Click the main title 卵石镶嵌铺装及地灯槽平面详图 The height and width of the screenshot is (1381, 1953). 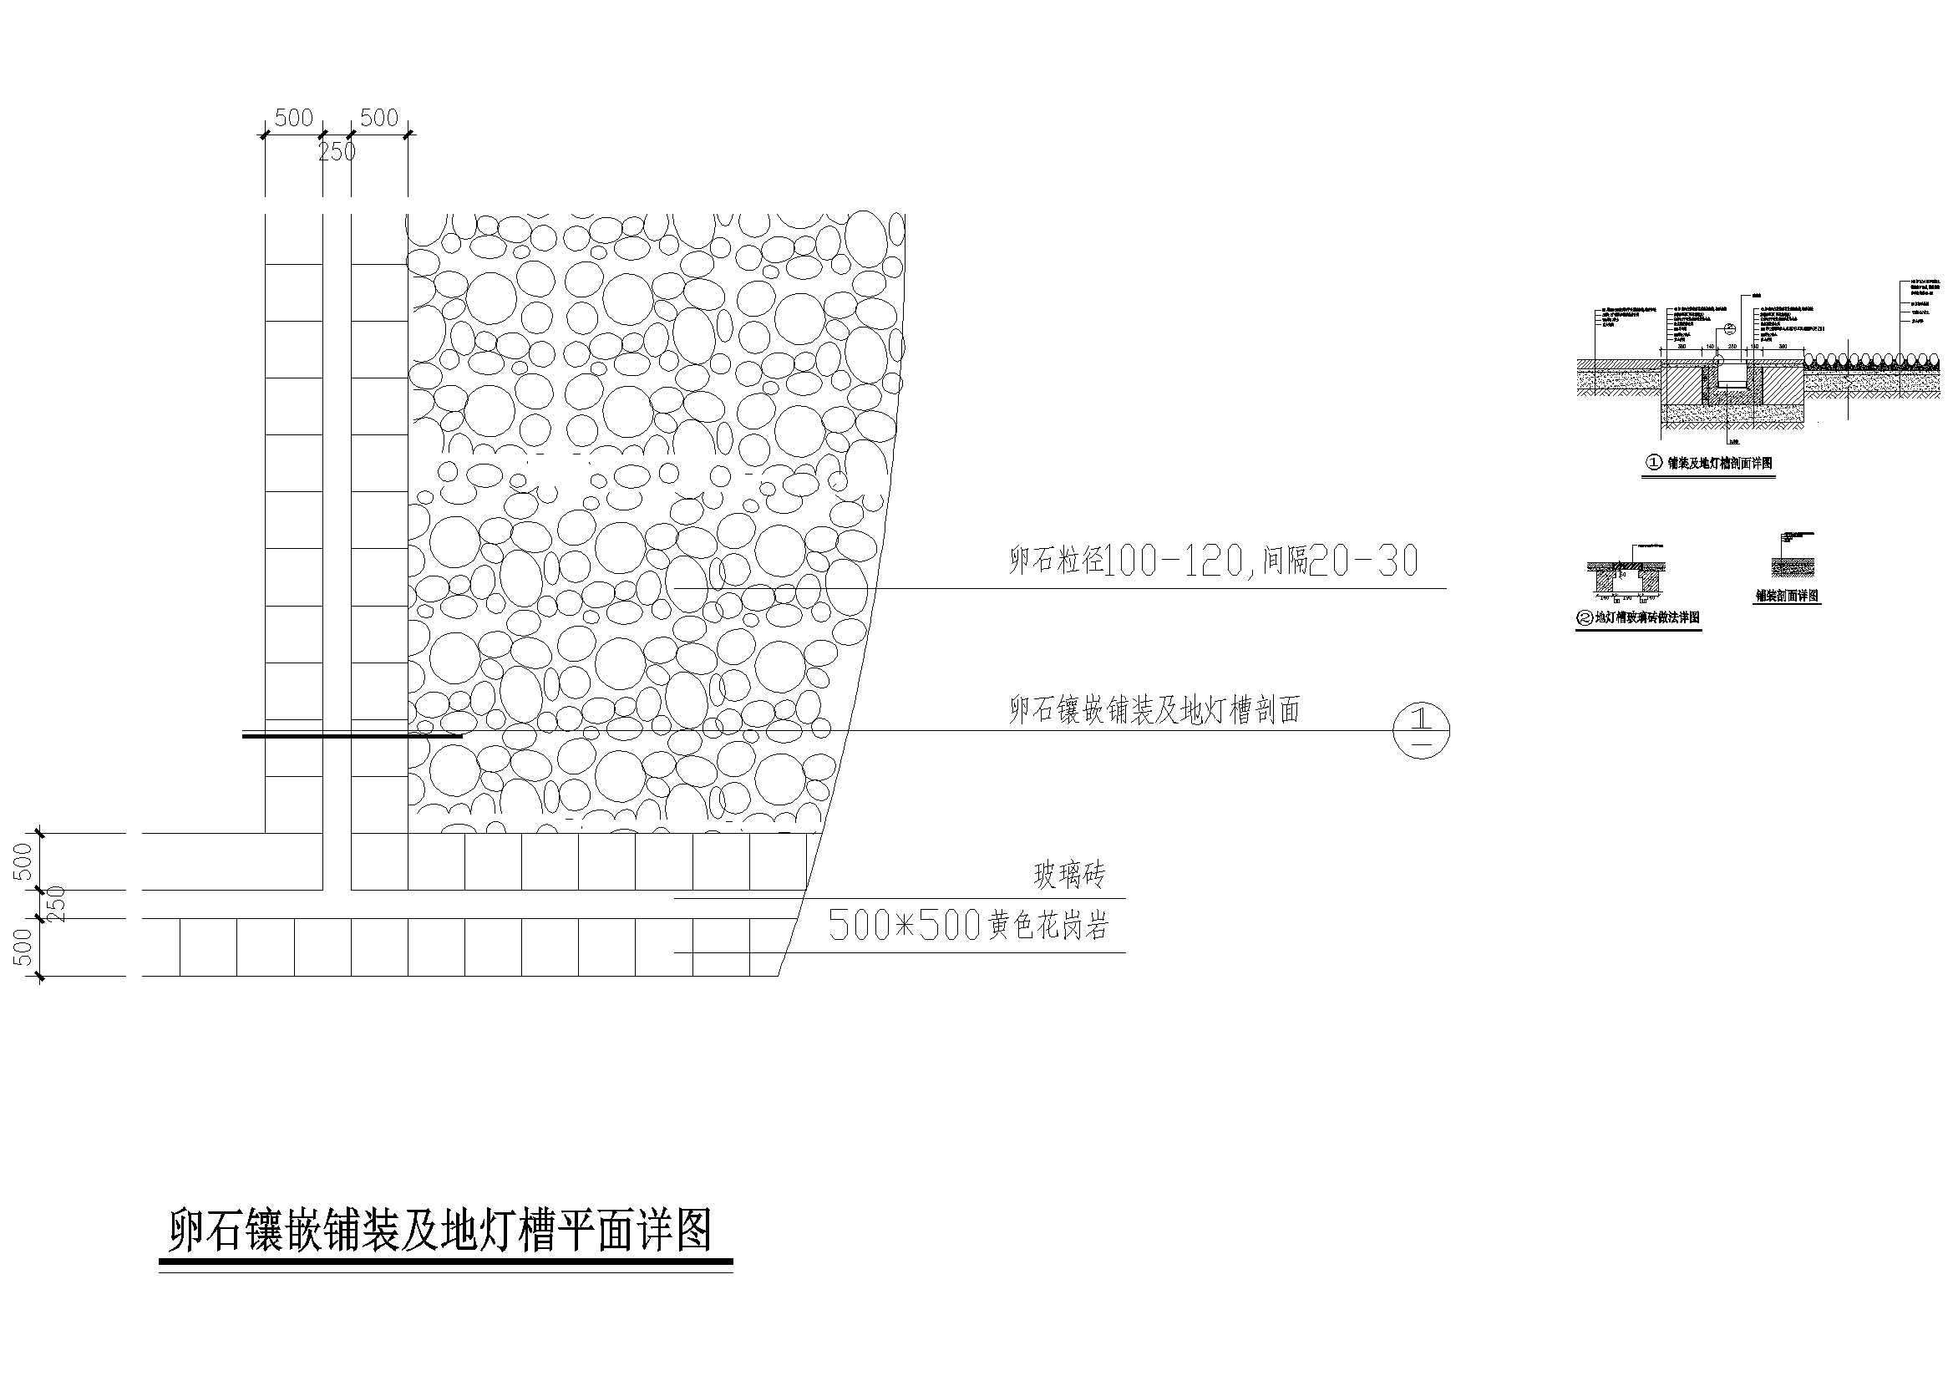[439, 1231]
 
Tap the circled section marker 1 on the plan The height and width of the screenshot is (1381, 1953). [1421, 730]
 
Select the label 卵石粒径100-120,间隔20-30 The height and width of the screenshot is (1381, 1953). [1213, 561]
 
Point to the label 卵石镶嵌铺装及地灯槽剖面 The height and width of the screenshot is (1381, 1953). [1154, 709]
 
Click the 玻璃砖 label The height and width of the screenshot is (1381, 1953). [1069, 875]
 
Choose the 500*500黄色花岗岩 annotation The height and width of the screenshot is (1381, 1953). [969, 926]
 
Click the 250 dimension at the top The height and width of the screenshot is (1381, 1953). [337, 152]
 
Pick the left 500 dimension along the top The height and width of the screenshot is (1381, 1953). [293, 119]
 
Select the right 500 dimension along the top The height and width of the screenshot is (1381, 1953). [378, 119]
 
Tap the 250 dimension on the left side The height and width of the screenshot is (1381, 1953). [56, 905]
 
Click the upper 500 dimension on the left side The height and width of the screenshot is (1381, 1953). [24, 861]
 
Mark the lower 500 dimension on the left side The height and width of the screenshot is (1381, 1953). [24, 947]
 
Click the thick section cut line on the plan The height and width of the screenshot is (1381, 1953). [353, 736]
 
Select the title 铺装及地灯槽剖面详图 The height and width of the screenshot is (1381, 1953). [1717, 463]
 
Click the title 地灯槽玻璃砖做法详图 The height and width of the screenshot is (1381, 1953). [1646, 617]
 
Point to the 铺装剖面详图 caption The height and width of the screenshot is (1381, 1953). [1787, 596]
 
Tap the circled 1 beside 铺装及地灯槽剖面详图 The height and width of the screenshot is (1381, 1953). [1654, 463]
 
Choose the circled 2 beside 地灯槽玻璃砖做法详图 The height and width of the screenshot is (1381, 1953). [1585, 618]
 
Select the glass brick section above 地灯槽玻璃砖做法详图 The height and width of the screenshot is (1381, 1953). [1626, 579]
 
